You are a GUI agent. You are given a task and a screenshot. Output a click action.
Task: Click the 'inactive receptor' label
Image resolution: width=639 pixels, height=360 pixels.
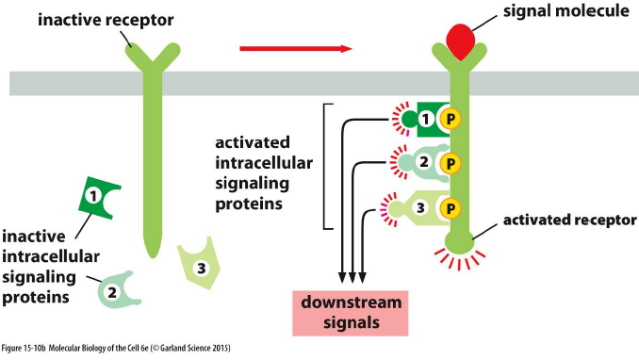click(98, 18)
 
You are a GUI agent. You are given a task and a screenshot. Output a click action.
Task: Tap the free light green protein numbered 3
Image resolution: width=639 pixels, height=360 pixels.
click(199, 267)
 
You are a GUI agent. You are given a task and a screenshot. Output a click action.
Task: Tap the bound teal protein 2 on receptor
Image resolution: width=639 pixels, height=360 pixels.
click(420, 163)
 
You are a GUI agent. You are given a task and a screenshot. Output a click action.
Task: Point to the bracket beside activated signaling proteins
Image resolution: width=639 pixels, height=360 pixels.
click(327, 165)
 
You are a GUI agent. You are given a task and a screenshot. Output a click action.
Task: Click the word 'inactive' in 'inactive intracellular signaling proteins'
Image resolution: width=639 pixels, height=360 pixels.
click(37, 235)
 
